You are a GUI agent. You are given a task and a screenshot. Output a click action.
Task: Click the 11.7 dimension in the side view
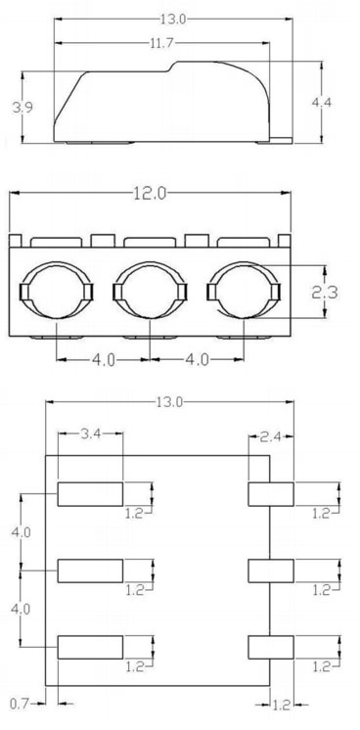(161, 43)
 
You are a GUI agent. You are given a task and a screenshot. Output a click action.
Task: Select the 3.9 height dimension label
(22, 108)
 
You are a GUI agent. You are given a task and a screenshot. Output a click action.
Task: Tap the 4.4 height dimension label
(321, 103)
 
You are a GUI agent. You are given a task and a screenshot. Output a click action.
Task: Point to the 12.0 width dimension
(150, 193)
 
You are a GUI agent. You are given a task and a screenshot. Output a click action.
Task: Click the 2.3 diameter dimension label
(325, 293)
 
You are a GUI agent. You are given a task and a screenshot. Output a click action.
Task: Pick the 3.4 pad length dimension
(90, 433)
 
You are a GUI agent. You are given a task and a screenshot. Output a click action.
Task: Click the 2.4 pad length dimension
(270, 436)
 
